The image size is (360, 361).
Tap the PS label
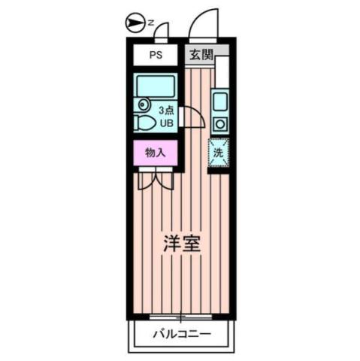point(156,54)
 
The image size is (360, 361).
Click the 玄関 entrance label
point(200,54)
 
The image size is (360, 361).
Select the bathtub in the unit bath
point(156,85)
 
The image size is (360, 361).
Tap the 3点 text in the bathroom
point(165,110)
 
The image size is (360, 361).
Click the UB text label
point(166,122)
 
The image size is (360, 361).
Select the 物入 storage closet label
point(155,152)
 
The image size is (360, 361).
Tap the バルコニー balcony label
point(181,334)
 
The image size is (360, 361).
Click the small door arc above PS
point(160,30)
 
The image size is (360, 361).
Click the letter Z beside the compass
point(150,23)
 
